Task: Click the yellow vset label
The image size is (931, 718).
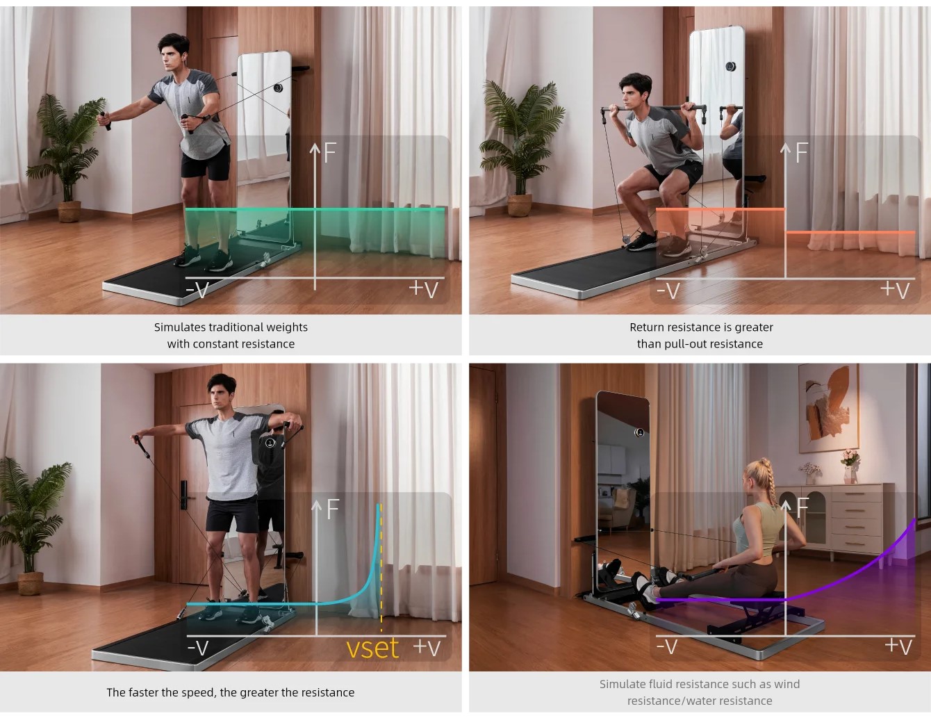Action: (372, 648)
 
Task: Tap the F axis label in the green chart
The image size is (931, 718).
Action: (330, 152)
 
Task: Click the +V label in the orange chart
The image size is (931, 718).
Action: (895, 290)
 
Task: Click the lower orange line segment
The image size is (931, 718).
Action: (850, 232)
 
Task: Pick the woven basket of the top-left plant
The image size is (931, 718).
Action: (69, 211)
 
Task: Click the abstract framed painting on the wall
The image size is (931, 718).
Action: (829, 408)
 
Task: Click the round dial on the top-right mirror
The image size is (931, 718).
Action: (730, 66)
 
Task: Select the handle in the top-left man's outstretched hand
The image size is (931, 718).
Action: (106, 120)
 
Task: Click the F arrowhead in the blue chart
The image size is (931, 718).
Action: (316, 505)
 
